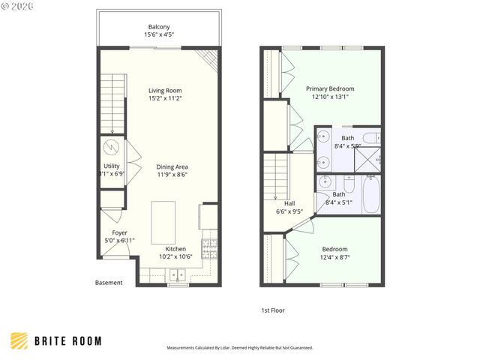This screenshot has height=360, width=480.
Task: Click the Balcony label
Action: click(x=158, y=27)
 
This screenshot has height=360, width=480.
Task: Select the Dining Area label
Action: click(x=172, y=166)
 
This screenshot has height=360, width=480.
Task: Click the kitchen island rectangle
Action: click(x=163, y=217)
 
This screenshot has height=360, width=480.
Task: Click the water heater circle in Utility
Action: click(x=111, y=146)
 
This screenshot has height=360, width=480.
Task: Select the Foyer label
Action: click(x=119, y=232)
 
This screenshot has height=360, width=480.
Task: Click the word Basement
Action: click(x=109, y=283)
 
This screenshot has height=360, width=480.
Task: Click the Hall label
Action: click(x=289, y=203)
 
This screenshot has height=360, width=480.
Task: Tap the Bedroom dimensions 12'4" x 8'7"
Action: click(x=335, y=257)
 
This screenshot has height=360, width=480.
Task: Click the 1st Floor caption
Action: click(x=272, y=310)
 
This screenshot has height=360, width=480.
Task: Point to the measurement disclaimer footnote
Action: click(x=239, y=348)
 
